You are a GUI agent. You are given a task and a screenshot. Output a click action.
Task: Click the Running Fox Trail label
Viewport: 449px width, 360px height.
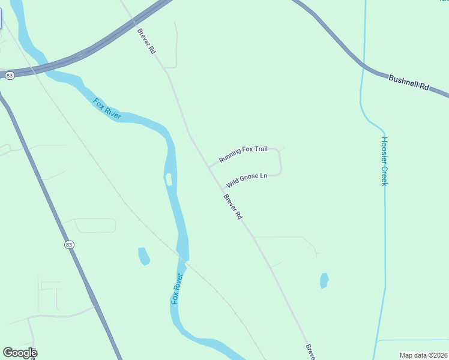click(243, 154)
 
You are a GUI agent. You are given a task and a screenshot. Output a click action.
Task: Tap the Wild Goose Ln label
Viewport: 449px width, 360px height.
click(246, 179)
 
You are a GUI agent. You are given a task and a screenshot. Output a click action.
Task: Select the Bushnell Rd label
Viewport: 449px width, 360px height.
click(409, 82)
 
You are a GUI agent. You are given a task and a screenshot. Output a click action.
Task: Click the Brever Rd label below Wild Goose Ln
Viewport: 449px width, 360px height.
click(232, 206)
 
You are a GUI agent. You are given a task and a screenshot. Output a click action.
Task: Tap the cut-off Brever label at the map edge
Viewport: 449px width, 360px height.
click(310, 352)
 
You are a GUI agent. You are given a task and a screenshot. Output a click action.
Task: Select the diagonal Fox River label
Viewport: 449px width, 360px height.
click(107, 109)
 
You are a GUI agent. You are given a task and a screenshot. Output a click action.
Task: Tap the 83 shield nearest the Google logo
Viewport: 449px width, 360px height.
click(70, 245)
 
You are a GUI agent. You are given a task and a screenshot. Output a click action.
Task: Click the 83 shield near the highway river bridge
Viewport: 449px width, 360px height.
click(9, 76)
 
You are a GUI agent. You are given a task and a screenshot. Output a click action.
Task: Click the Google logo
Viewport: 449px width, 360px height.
click(20, 353)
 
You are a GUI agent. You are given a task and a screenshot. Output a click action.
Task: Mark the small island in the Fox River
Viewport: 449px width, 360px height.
click(169, 179)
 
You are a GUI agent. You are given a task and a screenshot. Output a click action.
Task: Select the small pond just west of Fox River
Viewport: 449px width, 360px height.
click(144, 256)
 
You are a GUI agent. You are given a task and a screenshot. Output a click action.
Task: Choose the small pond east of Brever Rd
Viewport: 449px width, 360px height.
click(324, 280)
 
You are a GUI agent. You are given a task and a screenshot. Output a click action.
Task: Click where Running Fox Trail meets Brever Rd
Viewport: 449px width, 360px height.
click(208, 166)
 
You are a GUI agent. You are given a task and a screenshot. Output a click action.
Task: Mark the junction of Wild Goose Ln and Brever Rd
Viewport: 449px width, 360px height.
click(221, 188)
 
